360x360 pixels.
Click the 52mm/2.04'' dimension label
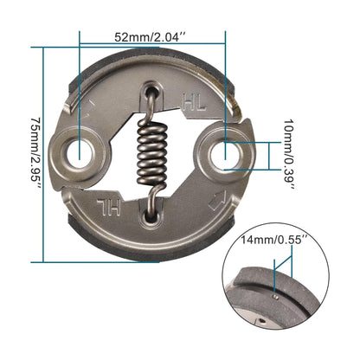tap(153, 38)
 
